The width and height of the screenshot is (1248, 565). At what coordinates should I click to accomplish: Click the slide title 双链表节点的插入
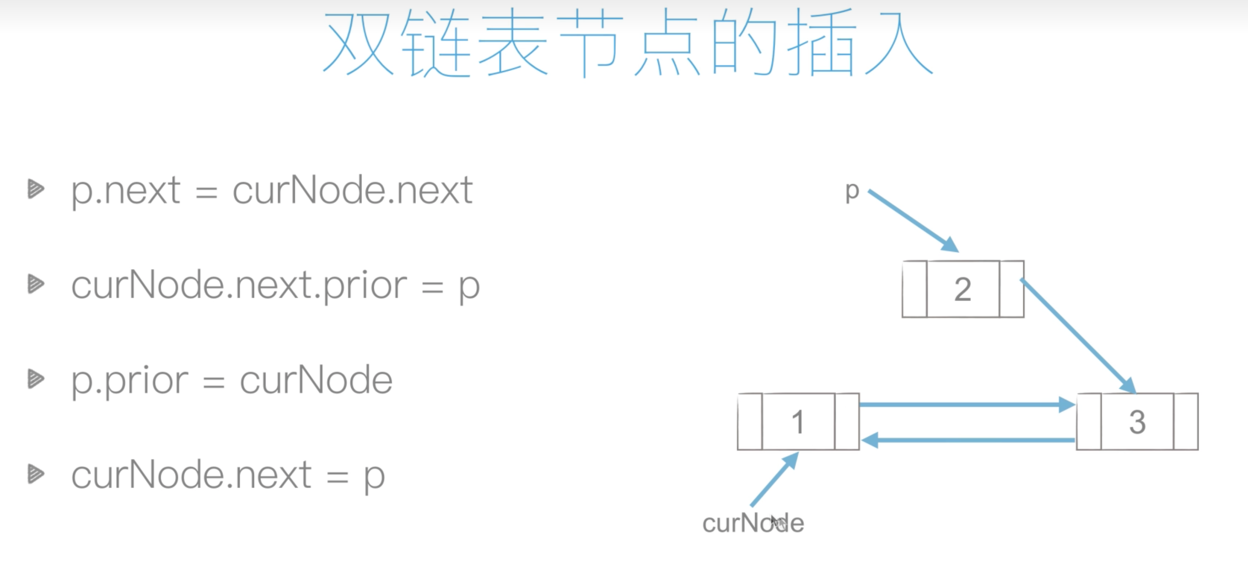627,44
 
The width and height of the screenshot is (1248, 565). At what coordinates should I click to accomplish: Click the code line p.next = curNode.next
271,190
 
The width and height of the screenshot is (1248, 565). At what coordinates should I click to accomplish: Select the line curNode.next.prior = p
275,286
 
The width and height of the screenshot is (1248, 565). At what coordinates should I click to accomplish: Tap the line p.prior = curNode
232,380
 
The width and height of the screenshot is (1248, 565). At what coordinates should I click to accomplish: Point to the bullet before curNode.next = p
36,474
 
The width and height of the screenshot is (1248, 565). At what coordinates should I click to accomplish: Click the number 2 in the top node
963,289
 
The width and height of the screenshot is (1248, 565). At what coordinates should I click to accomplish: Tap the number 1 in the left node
798,422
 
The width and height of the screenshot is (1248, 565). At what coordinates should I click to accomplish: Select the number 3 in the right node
1137,422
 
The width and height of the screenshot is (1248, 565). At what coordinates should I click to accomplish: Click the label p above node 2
852,192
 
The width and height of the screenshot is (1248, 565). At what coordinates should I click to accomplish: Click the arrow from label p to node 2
913,221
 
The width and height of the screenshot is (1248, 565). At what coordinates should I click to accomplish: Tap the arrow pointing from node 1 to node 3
966,404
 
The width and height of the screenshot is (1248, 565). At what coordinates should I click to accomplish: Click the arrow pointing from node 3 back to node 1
966,440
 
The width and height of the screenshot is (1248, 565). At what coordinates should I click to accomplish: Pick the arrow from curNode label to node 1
774,479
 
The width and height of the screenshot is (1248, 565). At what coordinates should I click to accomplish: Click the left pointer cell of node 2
915,289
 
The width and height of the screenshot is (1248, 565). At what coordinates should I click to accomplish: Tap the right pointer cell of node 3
1185,422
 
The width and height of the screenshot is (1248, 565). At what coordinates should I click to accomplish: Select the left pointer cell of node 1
750,422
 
